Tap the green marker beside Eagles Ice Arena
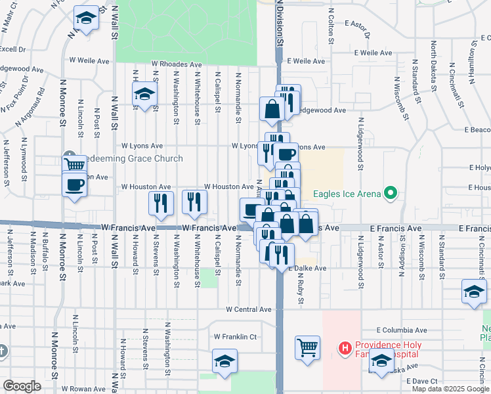(x=391, y=193)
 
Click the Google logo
(x=22, y=386)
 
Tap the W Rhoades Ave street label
(x=177, y=64)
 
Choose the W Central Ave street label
(x=249, y=309)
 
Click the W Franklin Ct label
(x=234, y=337)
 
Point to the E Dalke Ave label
(x=306, y=269)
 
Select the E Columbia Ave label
(x=402, y=330)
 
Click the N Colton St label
(x=332, y=26)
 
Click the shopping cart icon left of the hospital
(x=307, y=347)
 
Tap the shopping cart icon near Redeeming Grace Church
(x=74, y=164)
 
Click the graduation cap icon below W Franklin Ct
(x=224, y=362)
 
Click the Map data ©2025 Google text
(x=451, y=389)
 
